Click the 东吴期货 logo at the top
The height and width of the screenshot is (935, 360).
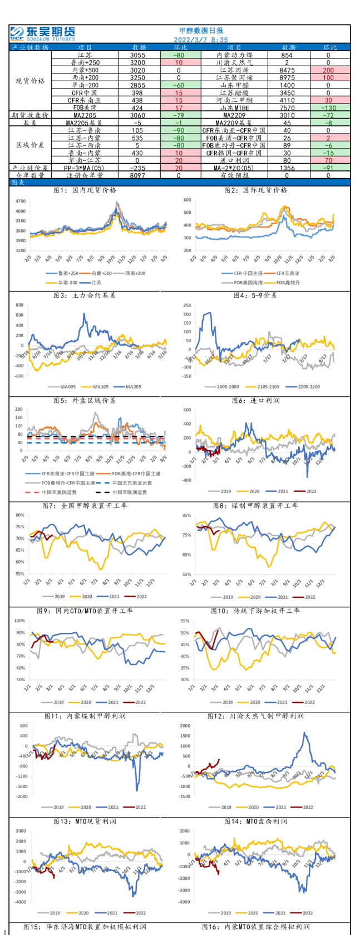point(42,33)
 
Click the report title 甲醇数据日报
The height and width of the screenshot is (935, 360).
point(201,31)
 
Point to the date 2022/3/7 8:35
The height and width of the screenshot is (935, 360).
point(201,40)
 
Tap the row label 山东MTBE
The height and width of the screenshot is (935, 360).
point(234,108)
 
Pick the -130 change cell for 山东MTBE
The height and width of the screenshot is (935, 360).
point(328,108)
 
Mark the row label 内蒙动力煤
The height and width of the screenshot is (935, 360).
point(234,56)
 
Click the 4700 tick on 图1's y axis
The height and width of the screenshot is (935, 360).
point(21,201)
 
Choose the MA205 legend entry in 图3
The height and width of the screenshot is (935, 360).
point(130,387)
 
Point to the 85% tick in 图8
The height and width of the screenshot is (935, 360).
point(186,515)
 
